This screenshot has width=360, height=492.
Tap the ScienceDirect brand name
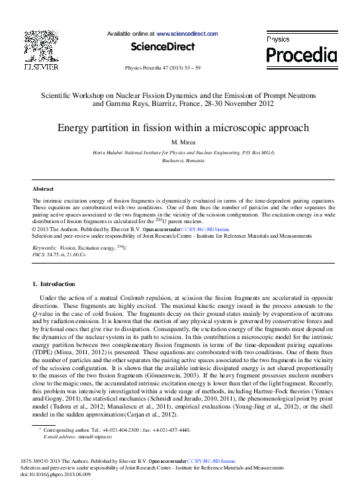(162, 47)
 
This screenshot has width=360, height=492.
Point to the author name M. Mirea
(180, 142)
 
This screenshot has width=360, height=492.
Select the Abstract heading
(43, 189)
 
